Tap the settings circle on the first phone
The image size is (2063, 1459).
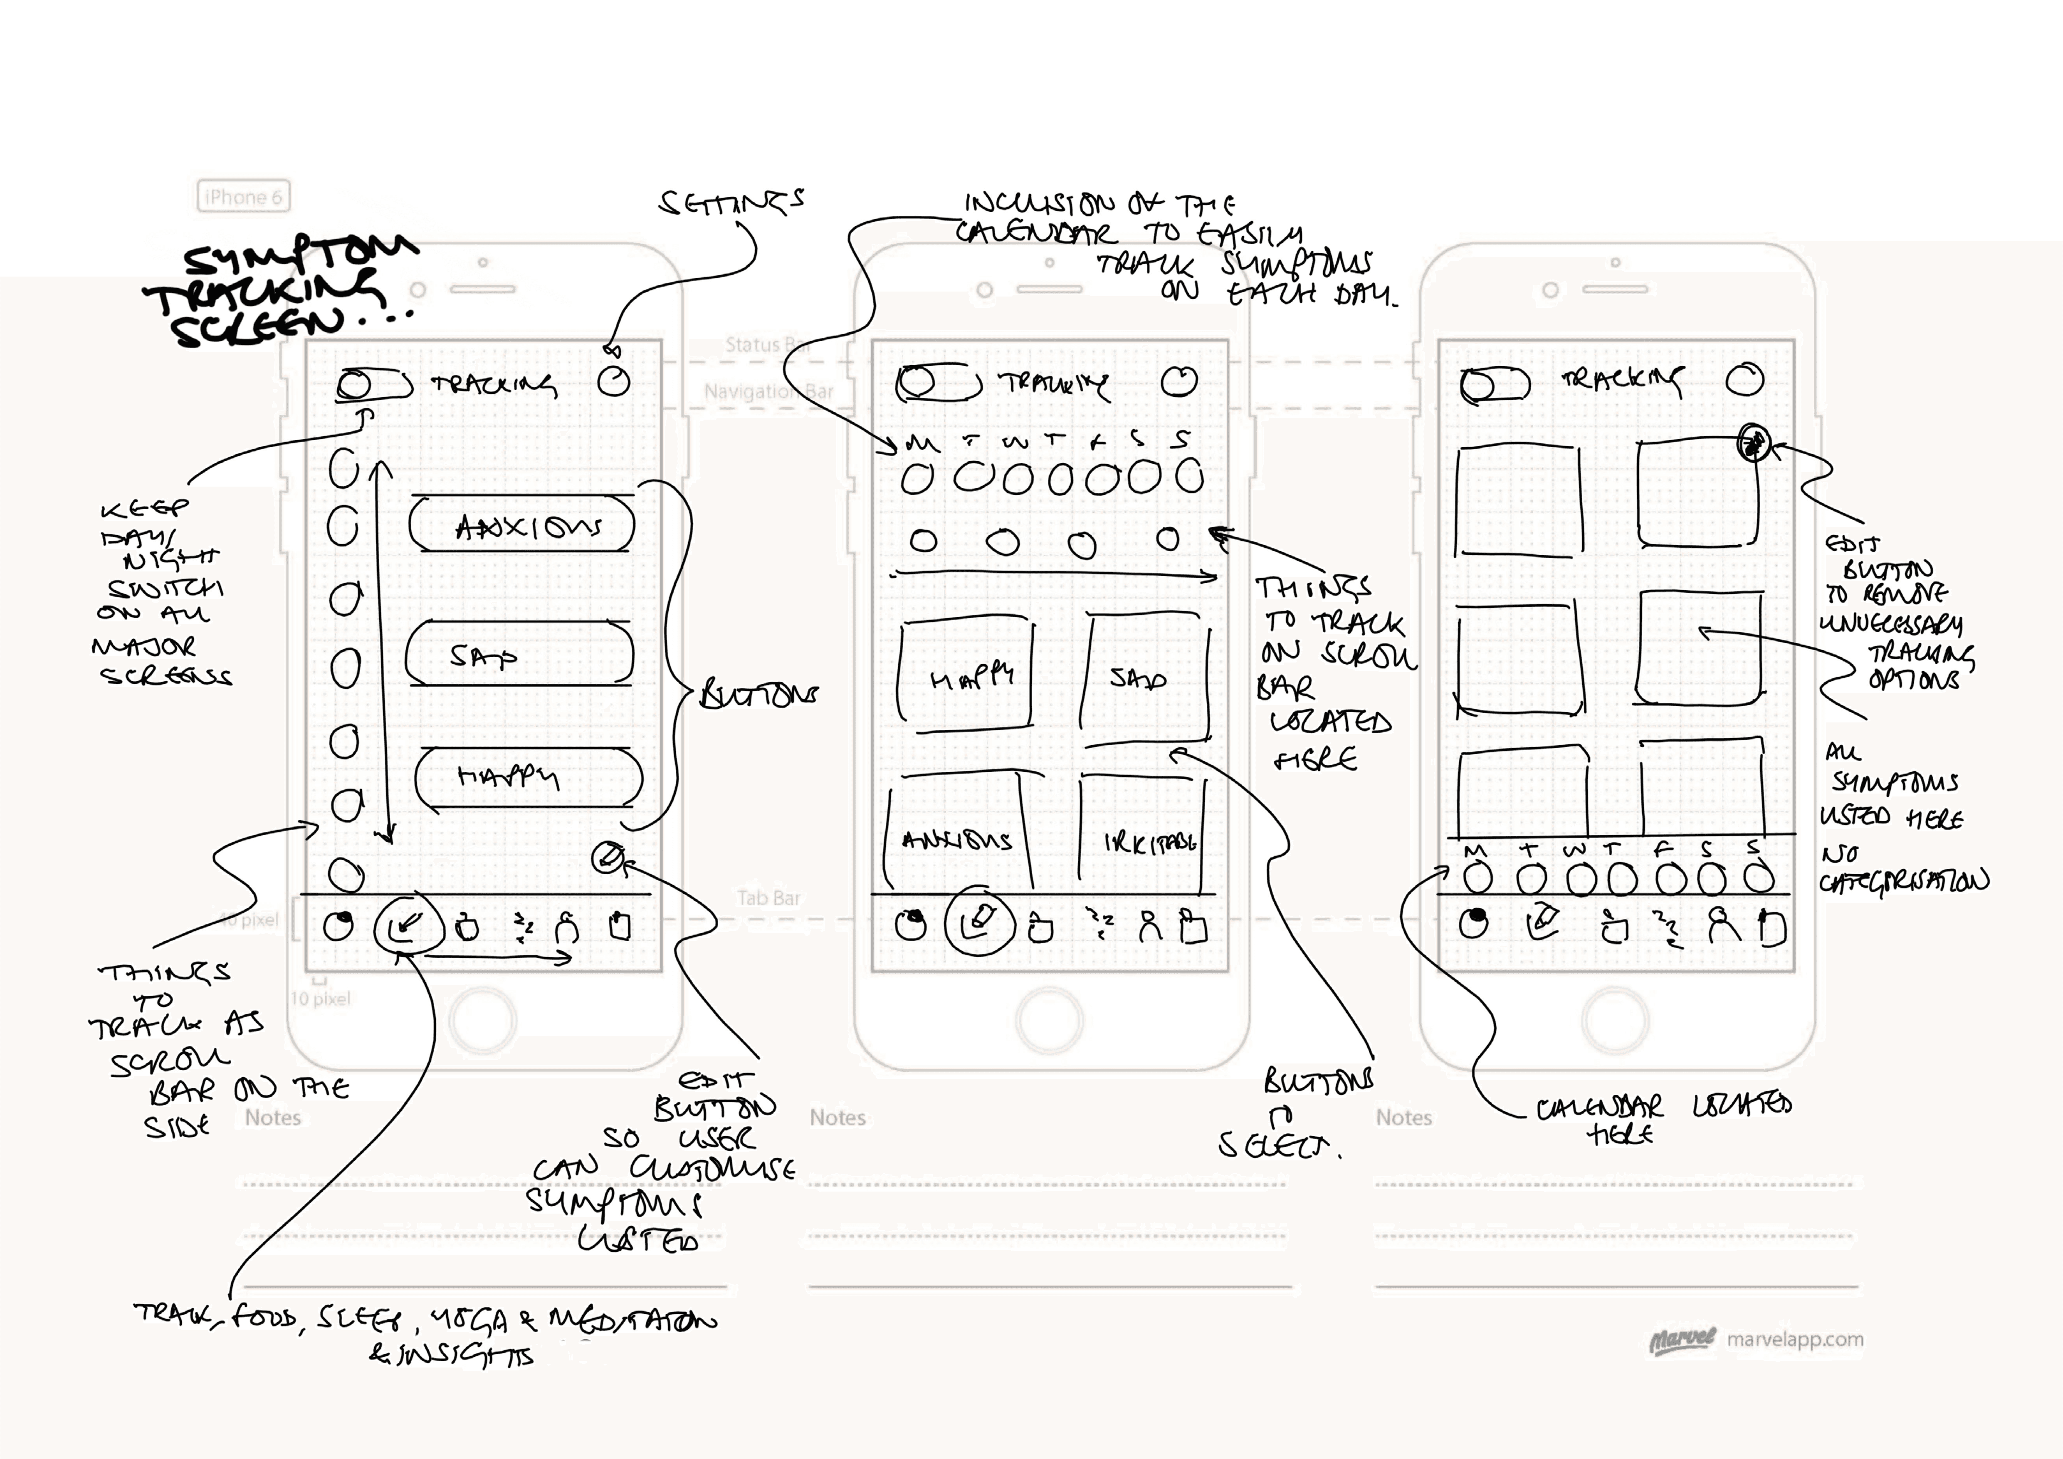614,381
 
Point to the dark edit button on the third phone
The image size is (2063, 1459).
1753,443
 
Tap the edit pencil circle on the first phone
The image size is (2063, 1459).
608,858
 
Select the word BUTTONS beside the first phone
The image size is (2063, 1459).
759,695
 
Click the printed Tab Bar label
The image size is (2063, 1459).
768,898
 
